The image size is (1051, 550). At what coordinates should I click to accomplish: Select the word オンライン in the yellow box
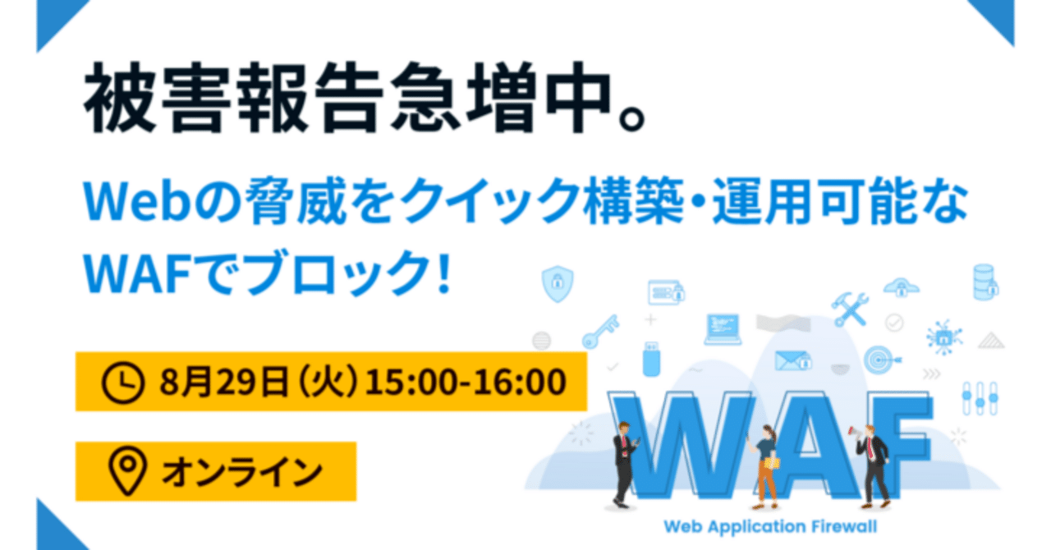click(x=241, y=472)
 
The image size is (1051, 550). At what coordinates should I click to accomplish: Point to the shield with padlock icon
click(x=558, y=284)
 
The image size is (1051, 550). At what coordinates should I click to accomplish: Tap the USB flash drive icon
click(x=651, y=358)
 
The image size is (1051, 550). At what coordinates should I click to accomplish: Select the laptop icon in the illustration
click(x=723, y=329)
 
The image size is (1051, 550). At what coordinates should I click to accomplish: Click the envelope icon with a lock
click(x=793, y=360)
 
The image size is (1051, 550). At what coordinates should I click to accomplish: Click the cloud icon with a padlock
click(x=901, y=287)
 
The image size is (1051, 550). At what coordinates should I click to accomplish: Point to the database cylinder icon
click(x=984, y=282)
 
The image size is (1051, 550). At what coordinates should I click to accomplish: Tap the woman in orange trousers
click(x=765, y=464)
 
